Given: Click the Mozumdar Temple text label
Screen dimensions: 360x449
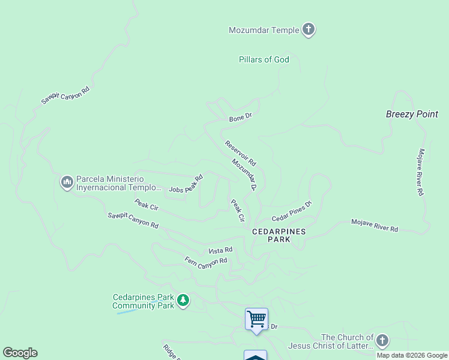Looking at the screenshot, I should point(264,30).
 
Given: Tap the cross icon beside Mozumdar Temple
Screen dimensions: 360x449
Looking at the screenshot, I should point(309,29).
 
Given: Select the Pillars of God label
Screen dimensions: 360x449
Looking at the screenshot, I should point(264,59).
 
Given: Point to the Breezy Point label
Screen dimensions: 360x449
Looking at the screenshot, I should point(412,114).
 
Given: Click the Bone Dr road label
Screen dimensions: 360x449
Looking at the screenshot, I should point(240,118).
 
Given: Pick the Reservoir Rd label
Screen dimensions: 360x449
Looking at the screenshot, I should point(241,153).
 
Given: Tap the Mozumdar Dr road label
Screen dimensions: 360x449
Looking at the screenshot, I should point(244,175).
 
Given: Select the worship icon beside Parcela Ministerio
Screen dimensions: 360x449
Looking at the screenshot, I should point(67,181).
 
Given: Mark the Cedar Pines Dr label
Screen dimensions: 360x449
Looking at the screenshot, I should point(292,211).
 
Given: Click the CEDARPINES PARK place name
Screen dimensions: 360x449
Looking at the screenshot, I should point(279,235).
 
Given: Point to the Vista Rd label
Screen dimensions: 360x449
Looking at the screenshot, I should point(220,250).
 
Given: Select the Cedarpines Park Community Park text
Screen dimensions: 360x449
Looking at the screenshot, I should point(143,301).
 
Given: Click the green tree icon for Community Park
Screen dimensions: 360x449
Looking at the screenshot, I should point(183,300).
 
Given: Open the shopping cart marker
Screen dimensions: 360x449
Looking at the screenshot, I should point(256,318).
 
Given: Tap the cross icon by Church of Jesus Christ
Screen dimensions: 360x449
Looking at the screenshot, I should point(382,340).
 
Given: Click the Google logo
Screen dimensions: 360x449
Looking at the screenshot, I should point(20,353).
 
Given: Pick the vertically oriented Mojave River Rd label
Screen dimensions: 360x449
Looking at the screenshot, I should point(421,172).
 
